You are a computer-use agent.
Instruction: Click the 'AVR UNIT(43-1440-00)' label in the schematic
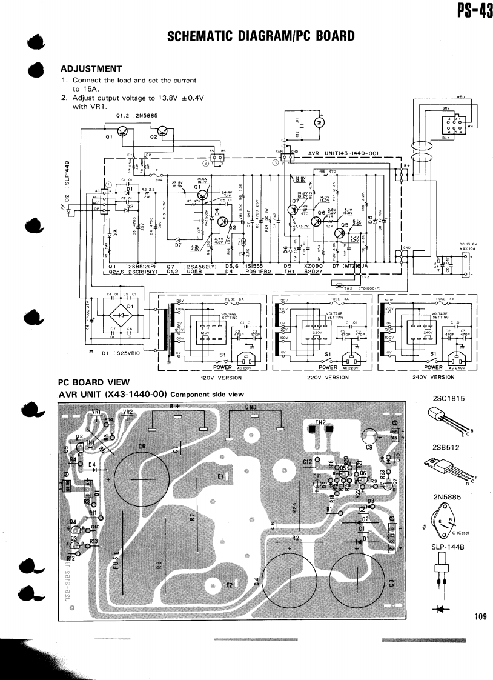point(343,153)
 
